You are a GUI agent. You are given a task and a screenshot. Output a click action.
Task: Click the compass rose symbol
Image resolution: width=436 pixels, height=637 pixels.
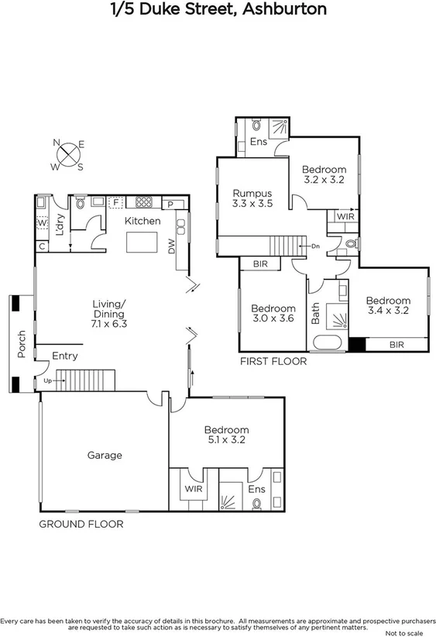tap(69, 154)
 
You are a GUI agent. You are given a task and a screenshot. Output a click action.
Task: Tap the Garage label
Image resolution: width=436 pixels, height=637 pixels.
tap(104, 456)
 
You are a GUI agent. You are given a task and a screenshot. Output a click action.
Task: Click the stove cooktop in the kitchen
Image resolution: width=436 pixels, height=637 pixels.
tap(144, 202)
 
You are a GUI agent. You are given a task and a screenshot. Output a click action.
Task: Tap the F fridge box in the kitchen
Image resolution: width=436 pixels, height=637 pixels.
tap(116, 202)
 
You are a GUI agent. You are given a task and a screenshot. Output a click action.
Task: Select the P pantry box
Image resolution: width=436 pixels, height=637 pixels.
tap(170, 204)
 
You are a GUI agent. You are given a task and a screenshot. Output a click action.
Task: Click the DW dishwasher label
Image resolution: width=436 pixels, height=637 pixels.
tap(171, 246)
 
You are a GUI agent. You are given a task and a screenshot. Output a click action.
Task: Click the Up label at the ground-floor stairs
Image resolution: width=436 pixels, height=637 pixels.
tap(48, 381)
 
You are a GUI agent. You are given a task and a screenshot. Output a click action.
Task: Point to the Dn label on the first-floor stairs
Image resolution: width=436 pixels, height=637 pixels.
tap(315, 246)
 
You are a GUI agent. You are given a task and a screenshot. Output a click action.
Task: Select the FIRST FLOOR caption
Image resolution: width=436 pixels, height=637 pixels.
tap(273, 362)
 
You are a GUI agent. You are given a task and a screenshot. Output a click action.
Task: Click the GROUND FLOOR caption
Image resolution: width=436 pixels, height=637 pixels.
tap(81, 524)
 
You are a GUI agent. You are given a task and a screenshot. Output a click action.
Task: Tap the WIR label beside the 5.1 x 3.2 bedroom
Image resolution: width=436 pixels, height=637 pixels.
tap(193, 489)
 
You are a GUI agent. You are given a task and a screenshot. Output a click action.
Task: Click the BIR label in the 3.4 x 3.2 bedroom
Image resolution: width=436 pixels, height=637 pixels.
tap(397, 345)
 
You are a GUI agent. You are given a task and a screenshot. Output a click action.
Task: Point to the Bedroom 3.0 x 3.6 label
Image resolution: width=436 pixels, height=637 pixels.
tap(273, 313)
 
